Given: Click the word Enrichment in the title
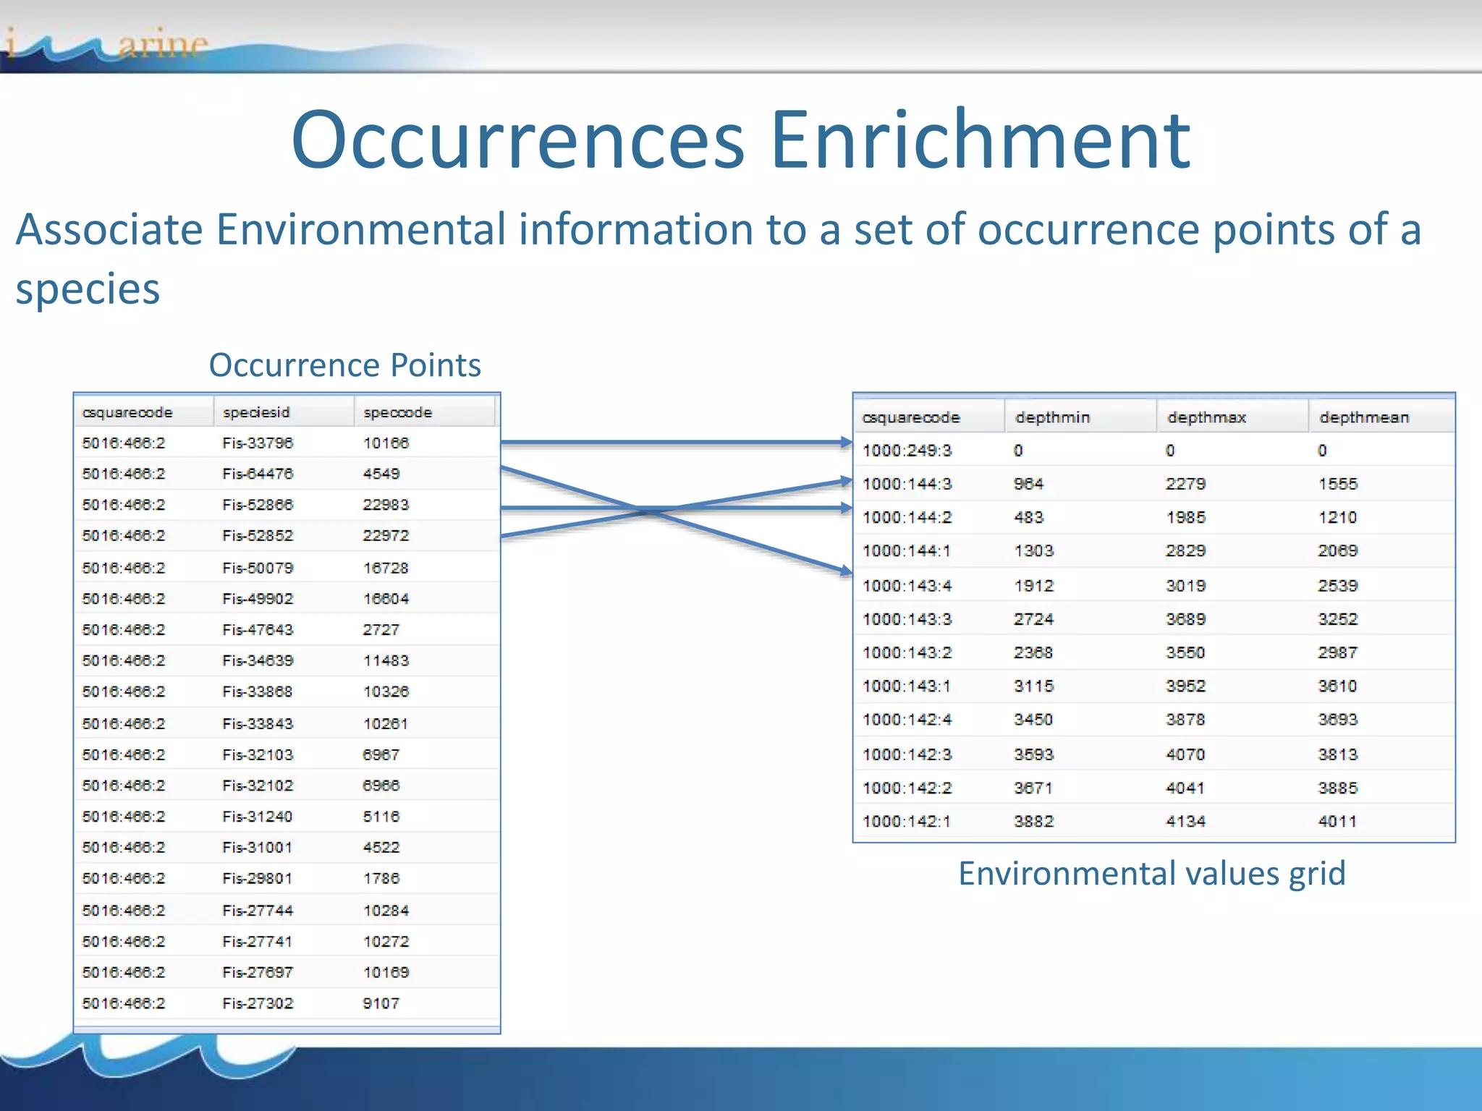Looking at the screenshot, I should click(981, 140).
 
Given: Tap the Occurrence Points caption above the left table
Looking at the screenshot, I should click(344, 365).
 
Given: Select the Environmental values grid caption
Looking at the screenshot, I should click(1151, 874).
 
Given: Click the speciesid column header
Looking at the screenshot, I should click(256, 412).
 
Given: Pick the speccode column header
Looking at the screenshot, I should click(397, 412).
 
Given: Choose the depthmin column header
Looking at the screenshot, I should click(1052, 417).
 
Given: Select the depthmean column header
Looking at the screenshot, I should click(1364, 417).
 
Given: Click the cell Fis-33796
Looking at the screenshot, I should click(258, 443).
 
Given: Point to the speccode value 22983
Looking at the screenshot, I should click(386, 505).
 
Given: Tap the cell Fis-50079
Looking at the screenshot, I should click(258, 568).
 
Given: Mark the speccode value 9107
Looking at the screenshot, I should click(381, 1003).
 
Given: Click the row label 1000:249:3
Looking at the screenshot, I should click(907, 451).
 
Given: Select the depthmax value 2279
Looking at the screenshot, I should click(1185, 484).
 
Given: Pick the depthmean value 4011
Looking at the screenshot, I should click(1337, 822).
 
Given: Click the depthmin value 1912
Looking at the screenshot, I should click(1033, 586).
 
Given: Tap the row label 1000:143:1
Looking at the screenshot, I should click(907, 686).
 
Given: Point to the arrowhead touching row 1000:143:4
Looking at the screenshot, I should click(846, 571).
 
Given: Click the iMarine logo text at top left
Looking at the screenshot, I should click(109, 45).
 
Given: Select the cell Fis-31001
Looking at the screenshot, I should click(258, 847).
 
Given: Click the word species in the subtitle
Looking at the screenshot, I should click(88, 289).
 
